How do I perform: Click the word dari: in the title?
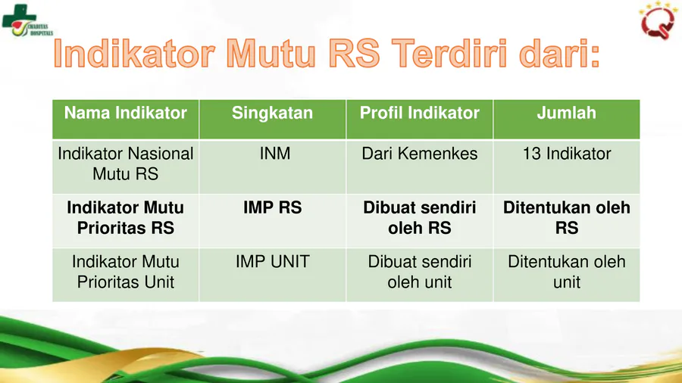560,54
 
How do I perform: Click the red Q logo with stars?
657,21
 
